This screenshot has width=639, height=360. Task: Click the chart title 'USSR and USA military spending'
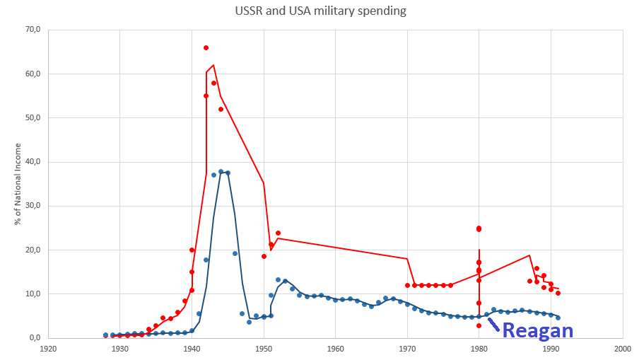[320, 11]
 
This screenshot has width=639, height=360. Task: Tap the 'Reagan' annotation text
[537, 330]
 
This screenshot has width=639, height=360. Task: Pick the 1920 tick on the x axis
[48, 349]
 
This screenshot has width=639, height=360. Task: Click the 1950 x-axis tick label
[264, 349]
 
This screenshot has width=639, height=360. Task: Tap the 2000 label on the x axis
[622, 349]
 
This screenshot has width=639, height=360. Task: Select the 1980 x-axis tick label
[479, 349]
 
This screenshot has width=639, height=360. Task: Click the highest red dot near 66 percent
[206, 47]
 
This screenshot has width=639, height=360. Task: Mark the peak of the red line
[213, 65]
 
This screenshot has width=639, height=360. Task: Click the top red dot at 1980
[479, 228]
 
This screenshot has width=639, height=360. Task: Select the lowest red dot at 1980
[479, 325]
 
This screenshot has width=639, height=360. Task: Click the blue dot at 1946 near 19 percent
[235, 253]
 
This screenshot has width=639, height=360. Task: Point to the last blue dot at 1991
[558, 318]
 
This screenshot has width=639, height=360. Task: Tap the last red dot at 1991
[558, 293]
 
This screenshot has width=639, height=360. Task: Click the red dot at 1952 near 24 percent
[278, 233]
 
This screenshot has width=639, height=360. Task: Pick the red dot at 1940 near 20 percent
[192, 250]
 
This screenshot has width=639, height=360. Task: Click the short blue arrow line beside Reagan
[493, 326]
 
